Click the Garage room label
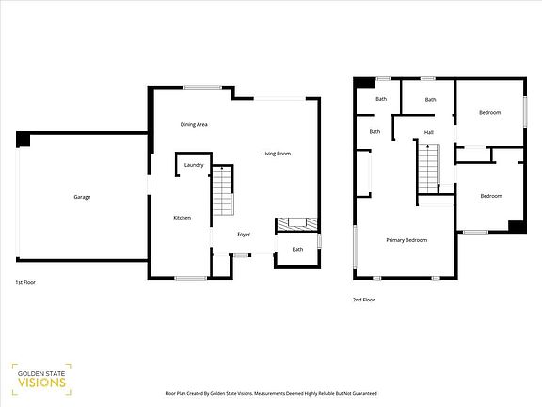82,197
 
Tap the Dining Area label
194,124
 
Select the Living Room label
276,154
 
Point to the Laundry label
194,165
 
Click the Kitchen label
183,218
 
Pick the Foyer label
244,235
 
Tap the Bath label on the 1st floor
297,249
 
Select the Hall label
428,132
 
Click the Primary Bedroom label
406,240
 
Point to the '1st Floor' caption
25,282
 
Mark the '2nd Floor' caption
363,300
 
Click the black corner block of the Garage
24,139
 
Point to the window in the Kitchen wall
191,277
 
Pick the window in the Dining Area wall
202,88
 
